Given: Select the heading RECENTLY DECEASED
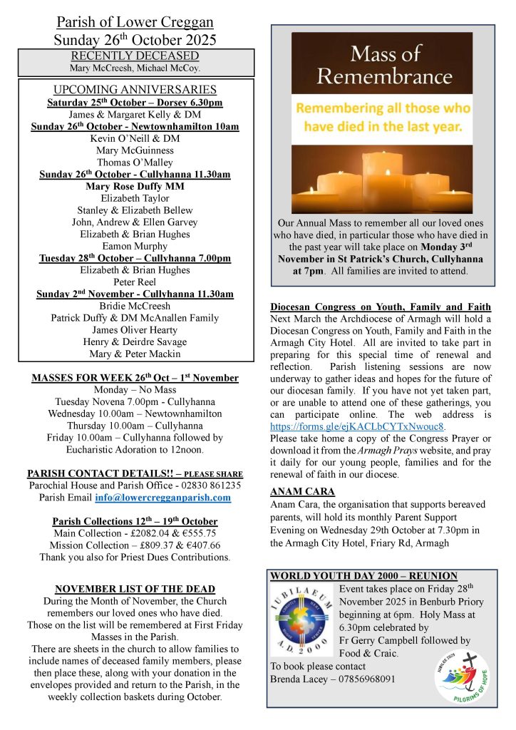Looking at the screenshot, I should pos(135,56).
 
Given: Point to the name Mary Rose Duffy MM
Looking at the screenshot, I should pos(135,186).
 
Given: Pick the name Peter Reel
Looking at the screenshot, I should pos(135,282).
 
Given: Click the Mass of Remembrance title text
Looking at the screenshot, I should pos(381,63).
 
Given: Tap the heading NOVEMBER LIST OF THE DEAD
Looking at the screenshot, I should pos(135,589).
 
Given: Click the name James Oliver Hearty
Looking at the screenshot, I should pos(135,330).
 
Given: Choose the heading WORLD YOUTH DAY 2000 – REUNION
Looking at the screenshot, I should pos(363,576).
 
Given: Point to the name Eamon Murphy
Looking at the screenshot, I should pos(135,246).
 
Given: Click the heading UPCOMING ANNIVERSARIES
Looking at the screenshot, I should pos(135,90).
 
